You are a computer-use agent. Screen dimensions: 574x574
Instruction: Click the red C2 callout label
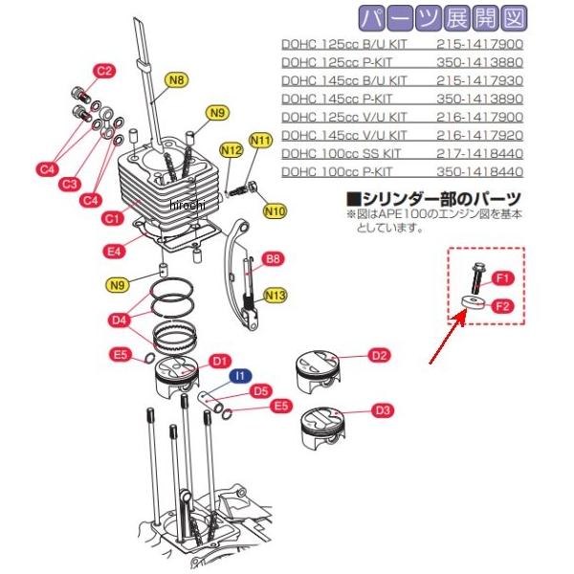coord(104,71)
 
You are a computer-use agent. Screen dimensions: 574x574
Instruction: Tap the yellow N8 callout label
coord(177,81)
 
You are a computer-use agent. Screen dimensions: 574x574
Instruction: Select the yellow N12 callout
coord(230,150)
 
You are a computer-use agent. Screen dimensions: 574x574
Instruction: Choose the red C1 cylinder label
coord(111,219)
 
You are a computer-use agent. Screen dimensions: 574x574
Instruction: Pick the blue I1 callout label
coord(242,377)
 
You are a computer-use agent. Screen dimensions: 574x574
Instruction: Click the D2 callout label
coord(380,356)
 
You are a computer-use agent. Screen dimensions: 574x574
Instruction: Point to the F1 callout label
coord(504,278)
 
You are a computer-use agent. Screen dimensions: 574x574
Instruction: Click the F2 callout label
coord(504,307)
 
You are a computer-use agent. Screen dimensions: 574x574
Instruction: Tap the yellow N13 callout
coord(276,295)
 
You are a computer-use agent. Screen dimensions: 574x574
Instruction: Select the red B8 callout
coord(273,259)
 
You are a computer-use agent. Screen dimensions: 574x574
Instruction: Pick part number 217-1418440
coord(479,153)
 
